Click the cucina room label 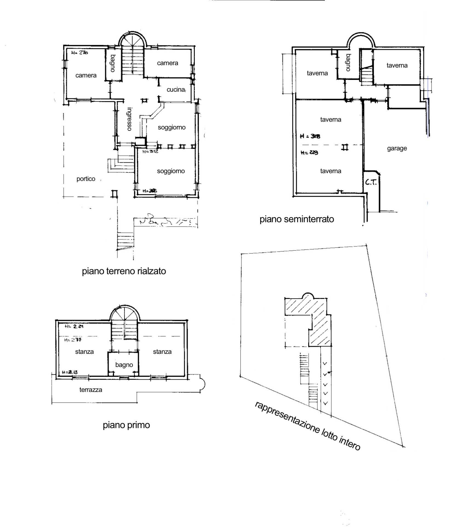point(176,89)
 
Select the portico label point(86,179)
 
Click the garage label point(397,148)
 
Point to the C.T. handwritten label point(371,182)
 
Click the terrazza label point(91,390)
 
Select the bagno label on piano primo point(124,365)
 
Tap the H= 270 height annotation point(79,53)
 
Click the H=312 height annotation point(150,151)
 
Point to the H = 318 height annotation point(310,136)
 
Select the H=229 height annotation point(309,153)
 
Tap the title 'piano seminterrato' point(297,219)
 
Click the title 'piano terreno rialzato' point(124,271)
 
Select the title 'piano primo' point(126,425)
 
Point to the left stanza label point(84,352)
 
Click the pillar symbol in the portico point(114,194)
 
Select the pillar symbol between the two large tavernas point(345,148)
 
